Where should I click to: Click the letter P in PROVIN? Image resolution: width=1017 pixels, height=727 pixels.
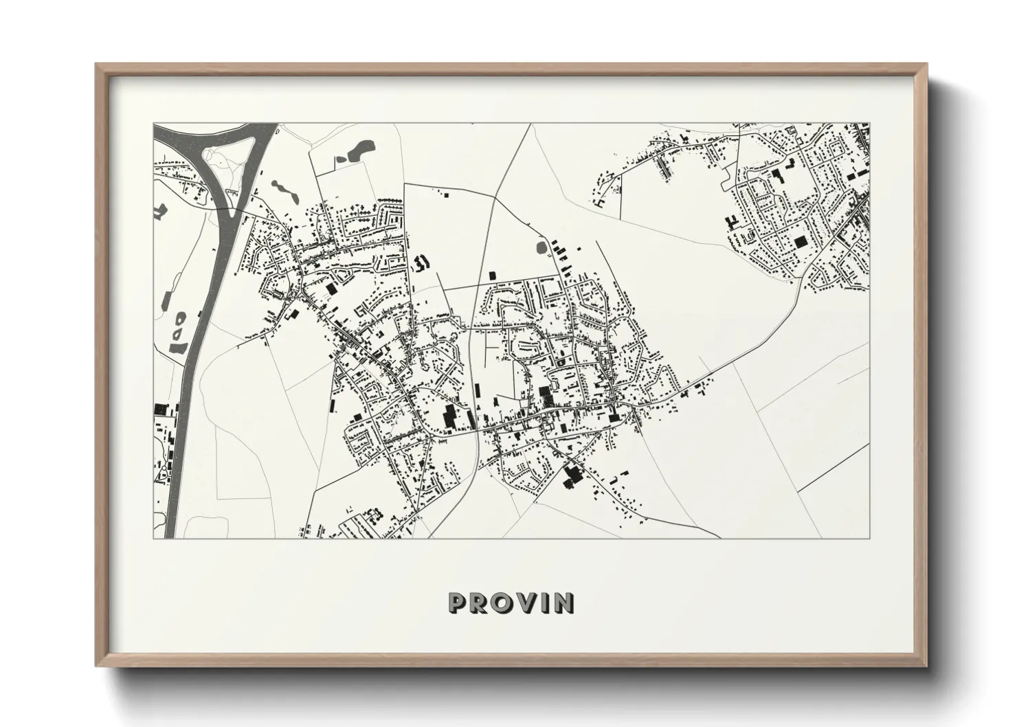tap(456, 603)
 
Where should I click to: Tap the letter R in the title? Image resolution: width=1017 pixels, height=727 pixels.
tap(478, 603)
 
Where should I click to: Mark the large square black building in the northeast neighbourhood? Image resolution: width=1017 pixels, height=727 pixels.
tap(800, 242)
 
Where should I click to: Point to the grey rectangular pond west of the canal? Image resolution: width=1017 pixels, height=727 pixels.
tap(167, 300)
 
